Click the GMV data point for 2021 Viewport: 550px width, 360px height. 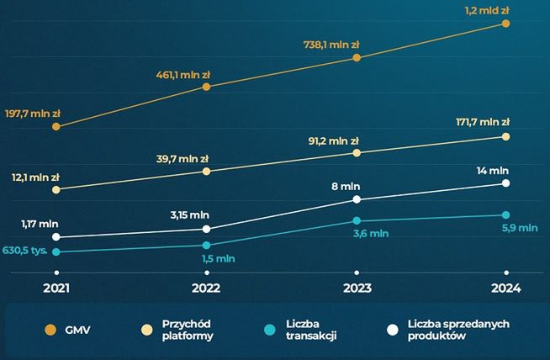click(x=56, y=126)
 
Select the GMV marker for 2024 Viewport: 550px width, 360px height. click(x=505, y=24)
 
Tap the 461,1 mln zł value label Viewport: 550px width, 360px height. click(x=182, y=75)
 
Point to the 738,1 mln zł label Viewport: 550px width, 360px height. click(x=332, y=46)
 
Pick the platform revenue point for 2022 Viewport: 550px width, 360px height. click(x=206, y=172)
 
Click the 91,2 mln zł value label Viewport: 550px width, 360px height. click(x=331, y=140)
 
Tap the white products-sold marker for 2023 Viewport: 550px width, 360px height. click(x=357, y=199)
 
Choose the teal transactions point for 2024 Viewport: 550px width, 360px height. click(x=505, y=215)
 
